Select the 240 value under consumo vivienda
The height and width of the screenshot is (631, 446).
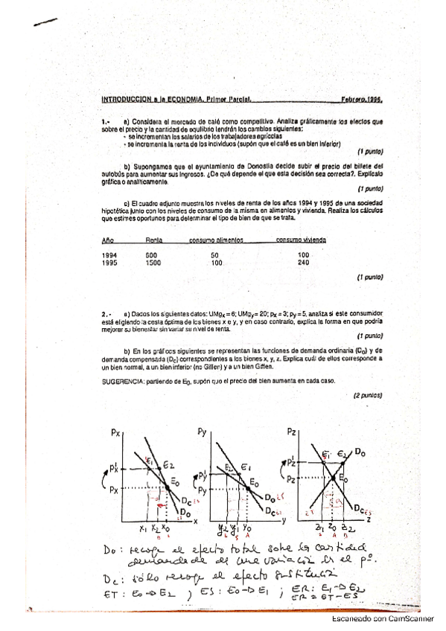click(x=303, y=262)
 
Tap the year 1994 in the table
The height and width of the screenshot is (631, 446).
click(x=109, y=254)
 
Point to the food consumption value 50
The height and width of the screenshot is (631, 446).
click(x=216, y=254)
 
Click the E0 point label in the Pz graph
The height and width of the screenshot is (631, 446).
click(x=343, y=478)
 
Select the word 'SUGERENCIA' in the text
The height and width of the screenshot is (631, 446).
click(x=124, y=381)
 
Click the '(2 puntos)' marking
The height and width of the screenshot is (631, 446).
click(x=367, y=397)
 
